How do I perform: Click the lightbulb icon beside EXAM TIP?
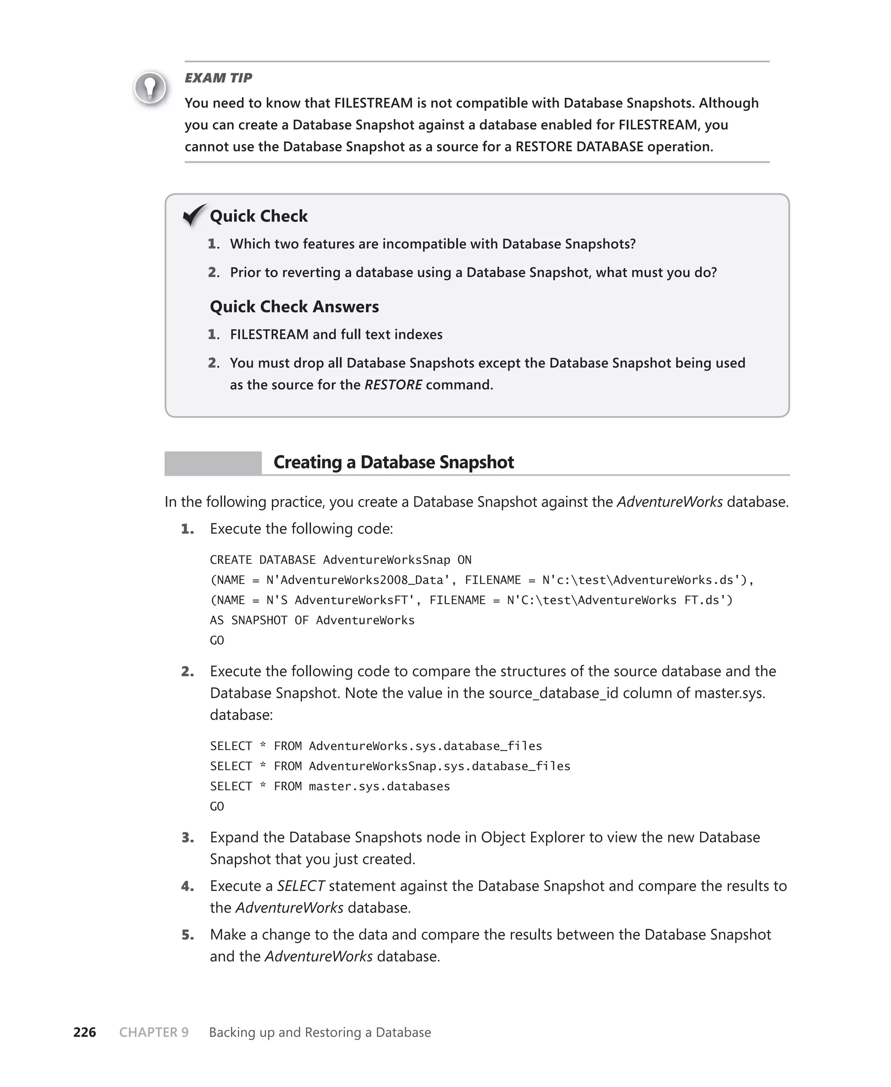(150, 88)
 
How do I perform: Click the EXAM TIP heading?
(218, 78)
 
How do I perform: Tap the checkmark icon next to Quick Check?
(194, 215)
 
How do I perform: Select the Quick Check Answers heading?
(294, 306)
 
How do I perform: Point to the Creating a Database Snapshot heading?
(393, 462)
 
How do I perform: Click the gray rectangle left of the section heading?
(212, 463)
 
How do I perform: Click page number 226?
(85, 1032)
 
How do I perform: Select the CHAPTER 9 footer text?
(154, 1032)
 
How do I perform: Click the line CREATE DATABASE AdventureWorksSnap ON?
(340, 560)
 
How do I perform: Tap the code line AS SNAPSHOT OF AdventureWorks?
(312, 620)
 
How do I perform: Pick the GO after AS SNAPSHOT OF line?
(217, 640)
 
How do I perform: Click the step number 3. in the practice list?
(188, 838)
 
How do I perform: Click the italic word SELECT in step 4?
(301, 886)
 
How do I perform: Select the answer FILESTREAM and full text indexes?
(336, 334)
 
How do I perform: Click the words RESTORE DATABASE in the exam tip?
(579, 147)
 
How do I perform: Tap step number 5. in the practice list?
(188, 935)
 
